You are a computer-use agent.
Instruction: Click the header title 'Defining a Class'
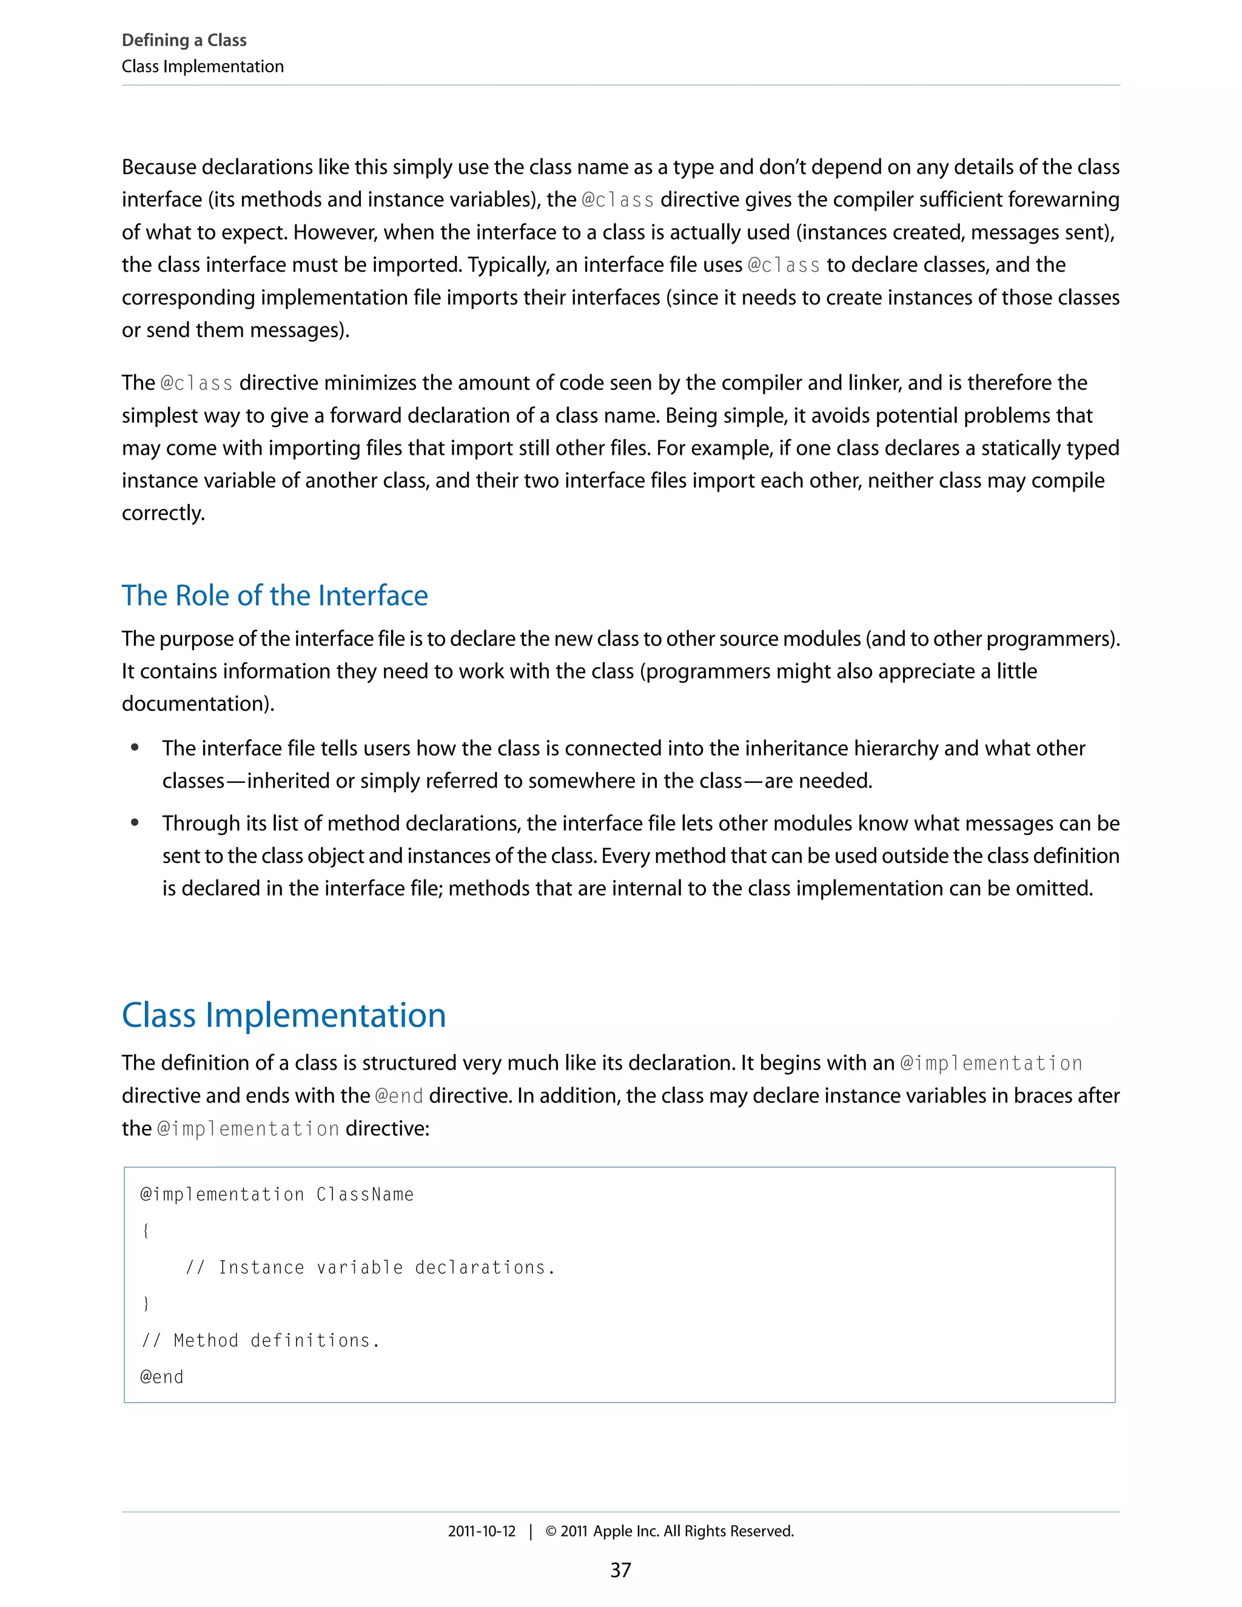pos(184,41)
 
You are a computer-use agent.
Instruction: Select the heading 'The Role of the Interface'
pos(275,595)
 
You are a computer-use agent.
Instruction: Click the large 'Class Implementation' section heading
pos(283,1015)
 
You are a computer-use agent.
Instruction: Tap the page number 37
pos(620,1570)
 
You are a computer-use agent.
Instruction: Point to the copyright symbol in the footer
pos(551,1531)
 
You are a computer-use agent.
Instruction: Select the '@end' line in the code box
pos(162,1377)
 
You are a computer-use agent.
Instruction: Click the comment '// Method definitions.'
pos(260,1341)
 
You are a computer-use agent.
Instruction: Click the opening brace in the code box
pos(146,1231)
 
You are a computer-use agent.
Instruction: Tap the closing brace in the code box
pos(146,1304)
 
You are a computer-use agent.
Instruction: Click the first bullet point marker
pos(135,748)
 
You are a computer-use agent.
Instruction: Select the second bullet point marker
pos(135,824)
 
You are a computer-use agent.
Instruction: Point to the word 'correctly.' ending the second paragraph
pos(163,514)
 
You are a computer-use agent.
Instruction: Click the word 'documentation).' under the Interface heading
pos(198,704)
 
